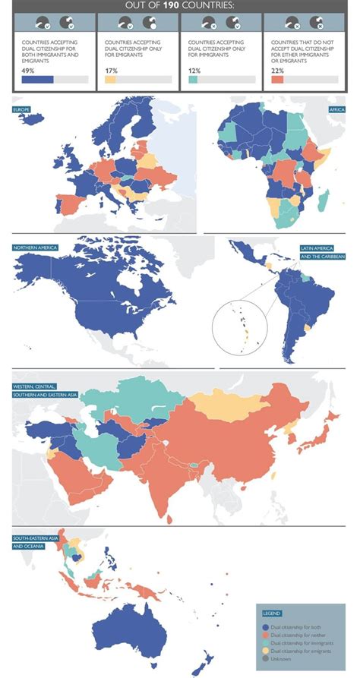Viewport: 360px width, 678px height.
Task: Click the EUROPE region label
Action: coord(21,110)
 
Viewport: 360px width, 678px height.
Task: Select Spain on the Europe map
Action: coord(69,204)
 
